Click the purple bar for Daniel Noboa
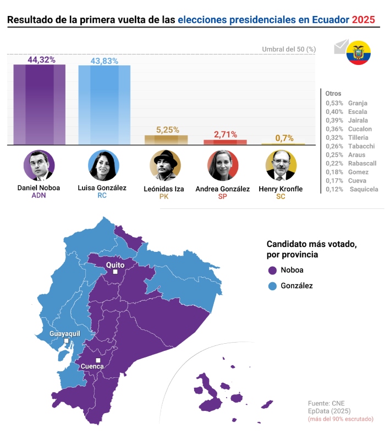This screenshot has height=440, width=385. pos(39,105)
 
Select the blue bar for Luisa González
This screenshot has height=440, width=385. pos(105,105)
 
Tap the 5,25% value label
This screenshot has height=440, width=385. pos(168,130)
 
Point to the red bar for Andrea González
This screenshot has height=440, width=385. pos(226,142)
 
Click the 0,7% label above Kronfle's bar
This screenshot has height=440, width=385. pos(284,138)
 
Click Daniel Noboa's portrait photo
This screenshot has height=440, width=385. pos(39,165)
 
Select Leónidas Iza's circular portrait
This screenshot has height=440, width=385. pos(165,165)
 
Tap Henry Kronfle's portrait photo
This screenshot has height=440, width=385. pos(281,165)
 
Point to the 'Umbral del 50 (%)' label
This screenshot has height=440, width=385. pos(289,49)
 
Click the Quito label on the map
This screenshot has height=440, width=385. pos(115,265)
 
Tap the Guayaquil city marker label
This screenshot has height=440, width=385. pos(65,334)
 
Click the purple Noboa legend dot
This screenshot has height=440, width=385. pos(272,271)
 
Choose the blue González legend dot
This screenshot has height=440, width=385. pos(272,286)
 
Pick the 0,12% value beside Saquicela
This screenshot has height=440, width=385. pos(334,189)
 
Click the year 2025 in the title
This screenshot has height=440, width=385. pos(364,20)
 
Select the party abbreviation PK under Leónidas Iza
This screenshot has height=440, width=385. pos(163,196)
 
